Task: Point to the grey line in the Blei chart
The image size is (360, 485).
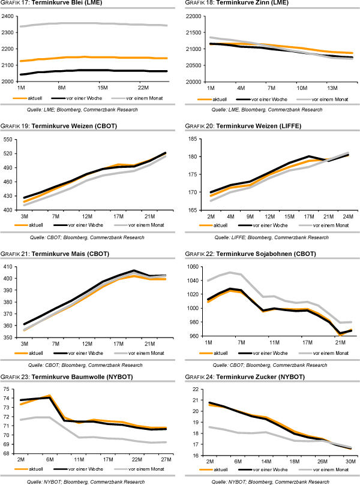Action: pyautogui.click(x=90, y=23)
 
